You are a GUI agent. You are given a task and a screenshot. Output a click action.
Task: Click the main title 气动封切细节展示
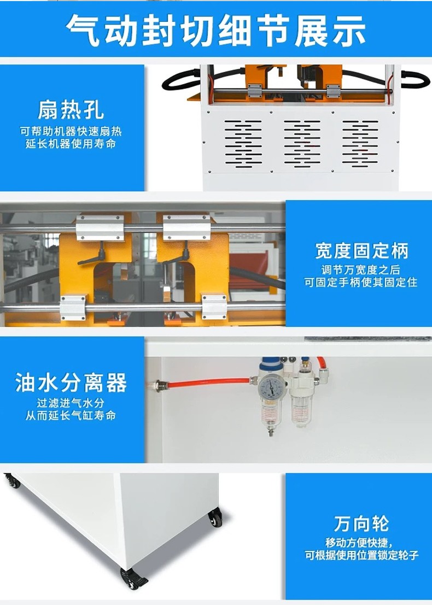(x=216, y=31)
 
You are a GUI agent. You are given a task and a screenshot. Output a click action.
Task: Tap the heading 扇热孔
(x=71, y=110)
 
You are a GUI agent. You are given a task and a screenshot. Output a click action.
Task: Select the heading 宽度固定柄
(x=361, y=251)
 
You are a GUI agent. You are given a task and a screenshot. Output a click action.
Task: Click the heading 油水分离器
(x=71, y=383)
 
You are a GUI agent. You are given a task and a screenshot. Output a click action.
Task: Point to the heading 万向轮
(x=361, y=523)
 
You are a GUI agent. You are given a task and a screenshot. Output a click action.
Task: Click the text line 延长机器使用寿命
(x=71, y=144)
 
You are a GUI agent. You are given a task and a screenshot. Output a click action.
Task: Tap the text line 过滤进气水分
(x=71, y=403)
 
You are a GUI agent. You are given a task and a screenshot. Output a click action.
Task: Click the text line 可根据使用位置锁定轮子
(x=361, y=555)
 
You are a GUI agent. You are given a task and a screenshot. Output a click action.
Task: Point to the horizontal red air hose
(x=209, y=383)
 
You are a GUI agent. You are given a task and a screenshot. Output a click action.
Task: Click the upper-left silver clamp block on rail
(x=100, y=228)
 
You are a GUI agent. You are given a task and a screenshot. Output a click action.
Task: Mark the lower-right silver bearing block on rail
(x=214, y=307)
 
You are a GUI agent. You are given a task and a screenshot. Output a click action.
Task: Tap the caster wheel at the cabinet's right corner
(x=215, y=518)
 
